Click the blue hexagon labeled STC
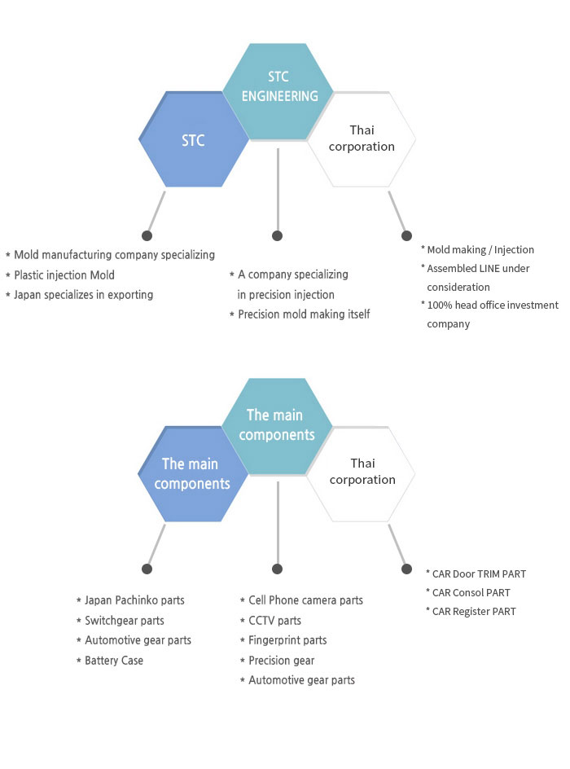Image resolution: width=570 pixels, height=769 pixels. click(193, 140)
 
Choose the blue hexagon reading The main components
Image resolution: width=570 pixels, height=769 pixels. click(192, 474)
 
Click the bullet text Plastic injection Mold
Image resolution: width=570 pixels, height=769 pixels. click(64, 275)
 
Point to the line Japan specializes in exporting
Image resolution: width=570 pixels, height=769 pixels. click(83, 295)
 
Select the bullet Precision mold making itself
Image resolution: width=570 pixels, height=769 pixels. click(304, 314)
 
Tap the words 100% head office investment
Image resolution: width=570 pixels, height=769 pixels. click(493, 305)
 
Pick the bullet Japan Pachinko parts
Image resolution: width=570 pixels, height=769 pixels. click(134, 600)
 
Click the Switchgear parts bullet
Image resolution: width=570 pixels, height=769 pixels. click(124, 621)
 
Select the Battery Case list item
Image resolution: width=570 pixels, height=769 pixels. click(113, 661)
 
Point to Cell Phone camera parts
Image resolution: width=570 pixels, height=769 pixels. click(305, 600)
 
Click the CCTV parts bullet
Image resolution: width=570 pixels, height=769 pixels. click(274, 621)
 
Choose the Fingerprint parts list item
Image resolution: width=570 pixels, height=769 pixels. click(287, 640)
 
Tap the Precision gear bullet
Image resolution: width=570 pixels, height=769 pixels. click(281, 661)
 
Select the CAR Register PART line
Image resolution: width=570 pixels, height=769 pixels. click(475, 612)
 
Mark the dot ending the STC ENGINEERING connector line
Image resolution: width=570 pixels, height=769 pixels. click(278, 236)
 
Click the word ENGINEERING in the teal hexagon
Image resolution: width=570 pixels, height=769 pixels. click(280, 96)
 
